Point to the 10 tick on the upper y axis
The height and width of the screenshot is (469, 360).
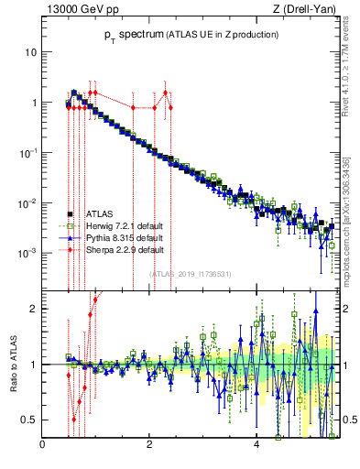point(30,52)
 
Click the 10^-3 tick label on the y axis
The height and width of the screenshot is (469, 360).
point(27,252)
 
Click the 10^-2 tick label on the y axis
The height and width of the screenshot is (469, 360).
point(27,202)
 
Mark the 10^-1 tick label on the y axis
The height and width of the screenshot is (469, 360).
point(27,152)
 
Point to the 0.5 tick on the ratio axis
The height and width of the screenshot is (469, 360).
point(29,420)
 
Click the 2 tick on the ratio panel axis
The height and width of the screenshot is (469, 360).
point(34,309)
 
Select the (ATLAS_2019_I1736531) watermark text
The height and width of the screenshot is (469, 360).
point(190,274)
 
